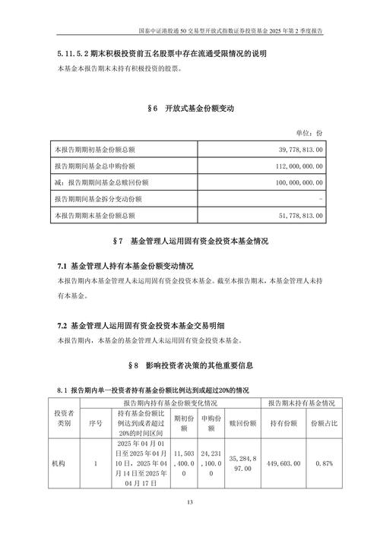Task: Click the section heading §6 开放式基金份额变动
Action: coord(190,109)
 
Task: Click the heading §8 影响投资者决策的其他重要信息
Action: coord(190,365)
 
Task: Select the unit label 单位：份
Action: coord(310,131)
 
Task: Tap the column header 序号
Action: coord(94,422)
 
